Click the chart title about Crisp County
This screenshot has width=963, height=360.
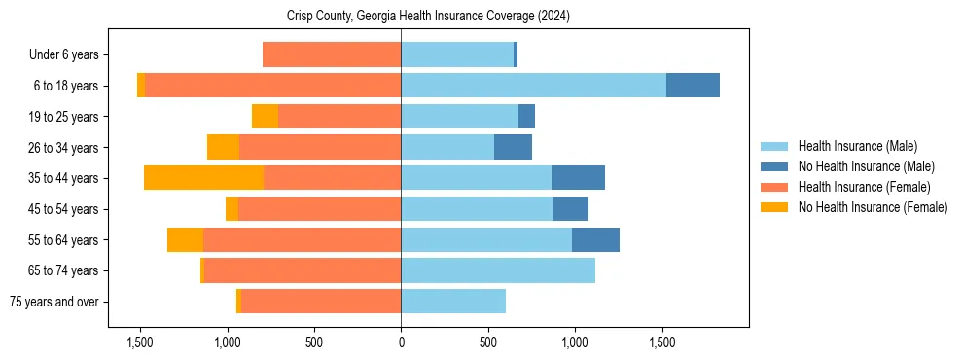(x=428, y=17)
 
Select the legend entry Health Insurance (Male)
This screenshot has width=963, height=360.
(x=857, y=146)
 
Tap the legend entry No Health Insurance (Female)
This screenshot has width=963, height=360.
(x=873, y=207)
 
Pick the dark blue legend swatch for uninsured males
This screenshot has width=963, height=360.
(x=775, y=166)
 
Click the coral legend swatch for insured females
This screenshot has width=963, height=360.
(x=775, y=187)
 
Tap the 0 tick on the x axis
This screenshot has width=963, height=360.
(x=401, y=342)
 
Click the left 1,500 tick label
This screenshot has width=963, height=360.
(x=140, y=342)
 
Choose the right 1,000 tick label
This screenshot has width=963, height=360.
(x=575, y=342)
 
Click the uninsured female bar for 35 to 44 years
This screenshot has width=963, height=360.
(x=203, y=178)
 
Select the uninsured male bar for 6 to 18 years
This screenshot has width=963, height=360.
(x=693, y=86)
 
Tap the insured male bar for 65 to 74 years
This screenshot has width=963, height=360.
(x=498, y=270)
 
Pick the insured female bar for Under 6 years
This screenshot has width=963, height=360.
(x=332, y=54)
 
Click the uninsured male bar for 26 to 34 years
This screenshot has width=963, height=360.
(x=513, y=147)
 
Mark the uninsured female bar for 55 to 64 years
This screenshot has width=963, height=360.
(x=185, y=239)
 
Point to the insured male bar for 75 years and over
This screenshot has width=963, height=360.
(x=453, y=302)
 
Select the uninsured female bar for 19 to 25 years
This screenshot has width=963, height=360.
(x=265, y=117)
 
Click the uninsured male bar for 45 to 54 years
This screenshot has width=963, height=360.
(x=570, y=209)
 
